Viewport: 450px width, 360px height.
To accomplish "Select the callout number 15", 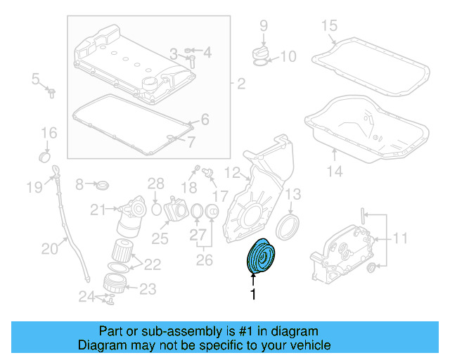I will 329,27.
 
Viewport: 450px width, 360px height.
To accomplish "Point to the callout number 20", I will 49,247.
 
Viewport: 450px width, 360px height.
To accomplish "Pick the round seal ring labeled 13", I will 287,228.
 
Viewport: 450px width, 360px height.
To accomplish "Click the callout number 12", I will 232,172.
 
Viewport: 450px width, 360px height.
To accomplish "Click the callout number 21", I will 97,209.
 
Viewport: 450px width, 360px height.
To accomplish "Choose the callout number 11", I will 399,238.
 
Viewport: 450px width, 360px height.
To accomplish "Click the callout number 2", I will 240,85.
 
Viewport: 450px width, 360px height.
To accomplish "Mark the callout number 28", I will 155,185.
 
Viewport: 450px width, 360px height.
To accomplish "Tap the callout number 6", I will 205,120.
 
